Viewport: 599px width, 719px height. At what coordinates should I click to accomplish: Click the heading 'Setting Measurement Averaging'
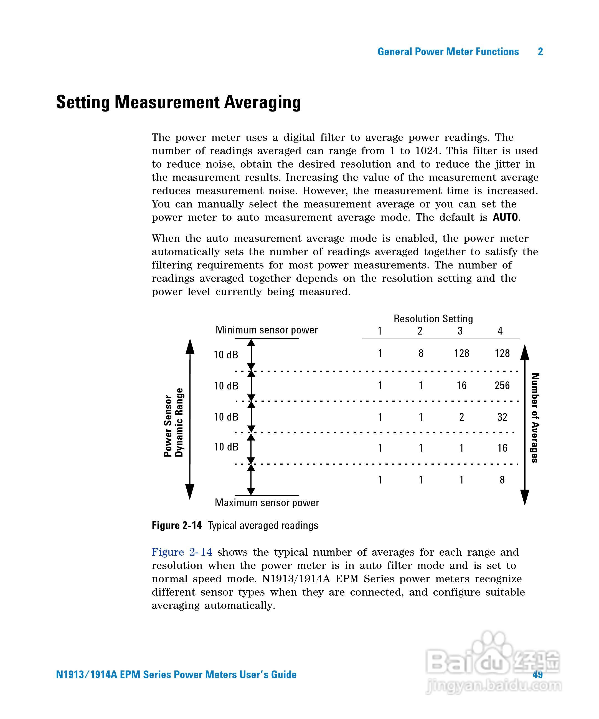[178, 102]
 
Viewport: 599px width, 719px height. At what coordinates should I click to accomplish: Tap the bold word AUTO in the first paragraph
[505, 217]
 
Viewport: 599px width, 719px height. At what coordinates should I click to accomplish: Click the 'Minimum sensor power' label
[266, 330]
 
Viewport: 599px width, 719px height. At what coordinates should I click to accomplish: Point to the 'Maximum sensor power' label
[267, 503]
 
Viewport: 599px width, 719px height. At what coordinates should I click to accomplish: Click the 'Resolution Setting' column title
[433, 319]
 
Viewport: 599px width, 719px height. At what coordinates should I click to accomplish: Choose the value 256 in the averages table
[502, 386]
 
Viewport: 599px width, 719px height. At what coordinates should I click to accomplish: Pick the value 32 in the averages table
[502, 417]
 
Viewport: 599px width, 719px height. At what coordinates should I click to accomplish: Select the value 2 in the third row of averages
[461, 417]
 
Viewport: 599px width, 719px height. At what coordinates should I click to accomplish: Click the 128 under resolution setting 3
[461, 353]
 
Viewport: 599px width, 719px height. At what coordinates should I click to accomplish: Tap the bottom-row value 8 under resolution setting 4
[502, 480]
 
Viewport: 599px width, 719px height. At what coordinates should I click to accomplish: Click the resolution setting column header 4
[500, 331]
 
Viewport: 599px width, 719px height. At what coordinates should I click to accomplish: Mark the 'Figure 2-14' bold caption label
[177, 526]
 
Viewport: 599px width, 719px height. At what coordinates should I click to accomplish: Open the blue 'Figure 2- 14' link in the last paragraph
[182, 552]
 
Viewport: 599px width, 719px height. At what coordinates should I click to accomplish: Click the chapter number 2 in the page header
[540, 52]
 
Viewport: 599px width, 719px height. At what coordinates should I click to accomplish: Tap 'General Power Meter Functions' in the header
[448, 52]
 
